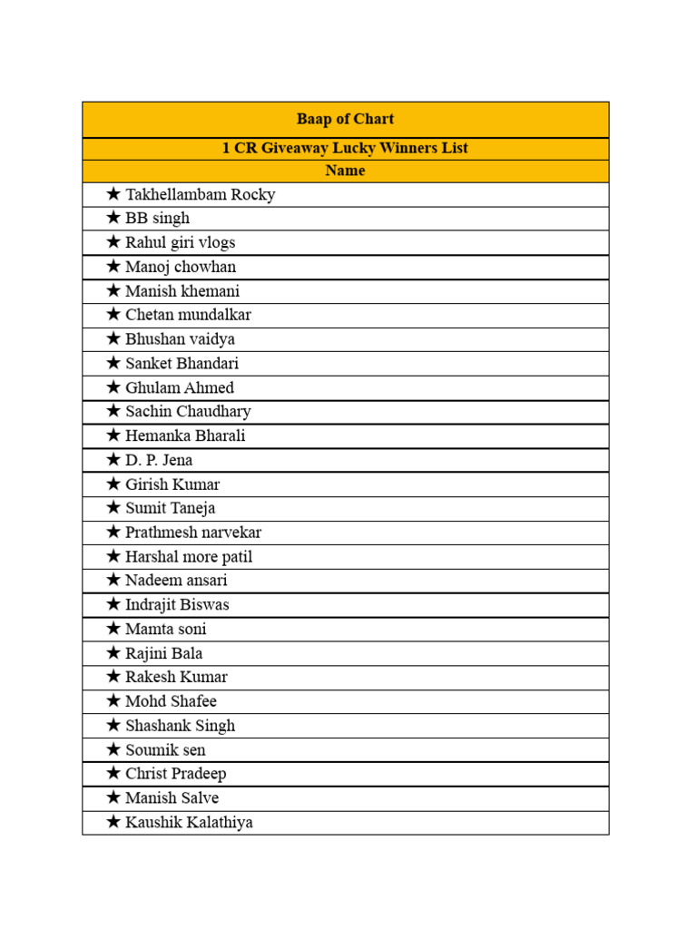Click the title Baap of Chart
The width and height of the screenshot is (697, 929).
[345, 119]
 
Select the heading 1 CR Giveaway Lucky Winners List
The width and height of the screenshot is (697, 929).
[345, 148]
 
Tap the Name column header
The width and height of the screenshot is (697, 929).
[345, 171]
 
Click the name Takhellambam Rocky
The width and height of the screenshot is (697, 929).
[200, 194]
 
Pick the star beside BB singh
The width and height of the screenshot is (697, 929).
[113, 218]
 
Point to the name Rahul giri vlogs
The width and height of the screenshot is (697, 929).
[180, 242]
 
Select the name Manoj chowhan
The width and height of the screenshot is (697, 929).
[180, 267]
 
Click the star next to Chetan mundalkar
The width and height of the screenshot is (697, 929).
[113, 314]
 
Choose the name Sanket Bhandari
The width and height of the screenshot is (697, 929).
[182, 363]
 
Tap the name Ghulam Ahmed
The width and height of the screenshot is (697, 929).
[179, 387]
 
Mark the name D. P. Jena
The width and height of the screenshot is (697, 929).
[159, 460]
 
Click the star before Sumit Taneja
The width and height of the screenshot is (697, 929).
[113, 507]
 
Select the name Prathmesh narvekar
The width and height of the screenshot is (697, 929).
[193, 533]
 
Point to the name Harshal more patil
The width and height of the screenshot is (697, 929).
[189, 556]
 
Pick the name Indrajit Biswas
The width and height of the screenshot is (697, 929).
[177, 604]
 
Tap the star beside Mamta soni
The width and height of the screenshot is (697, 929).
[113, 628]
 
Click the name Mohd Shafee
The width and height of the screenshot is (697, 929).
[171, 701]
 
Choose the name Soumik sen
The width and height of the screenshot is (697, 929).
[165, 749]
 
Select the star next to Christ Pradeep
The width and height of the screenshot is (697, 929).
[113, 773]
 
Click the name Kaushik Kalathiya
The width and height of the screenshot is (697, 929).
[189, 822]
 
